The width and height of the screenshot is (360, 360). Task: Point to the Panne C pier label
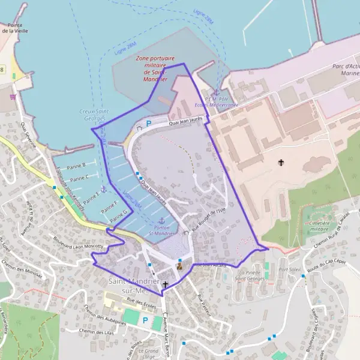click(79, 178)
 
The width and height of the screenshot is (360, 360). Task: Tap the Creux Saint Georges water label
click(93, 115)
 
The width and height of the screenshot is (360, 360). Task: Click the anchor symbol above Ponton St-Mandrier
click(161, 220)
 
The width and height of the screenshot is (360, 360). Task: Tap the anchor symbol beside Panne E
click(103, 190)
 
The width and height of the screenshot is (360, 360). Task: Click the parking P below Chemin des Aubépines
click(144, 320)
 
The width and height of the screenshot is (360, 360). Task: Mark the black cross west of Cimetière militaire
click(280, 163)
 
